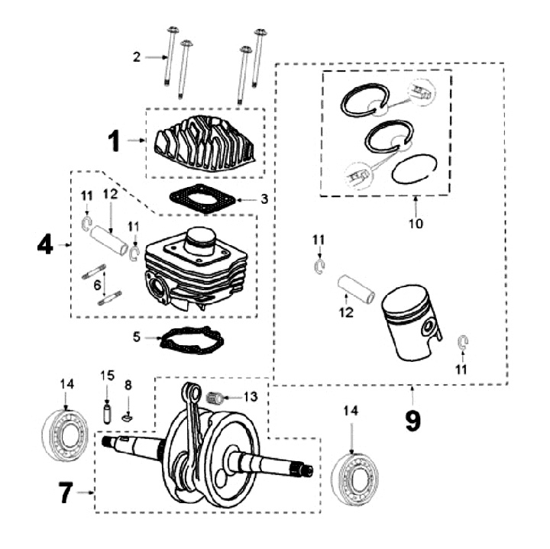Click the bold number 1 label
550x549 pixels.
click(114, 141)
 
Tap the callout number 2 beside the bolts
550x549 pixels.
click(136, 56)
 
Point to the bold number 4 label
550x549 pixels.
click(45, 245)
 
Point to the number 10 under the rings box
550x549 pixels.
click(416, 224)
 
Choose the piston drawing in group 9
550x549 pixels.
click(410, 322)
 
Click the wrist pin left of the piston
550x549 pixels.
click(355, 289)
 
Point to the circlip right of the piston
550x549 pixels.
click(463, 341)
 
